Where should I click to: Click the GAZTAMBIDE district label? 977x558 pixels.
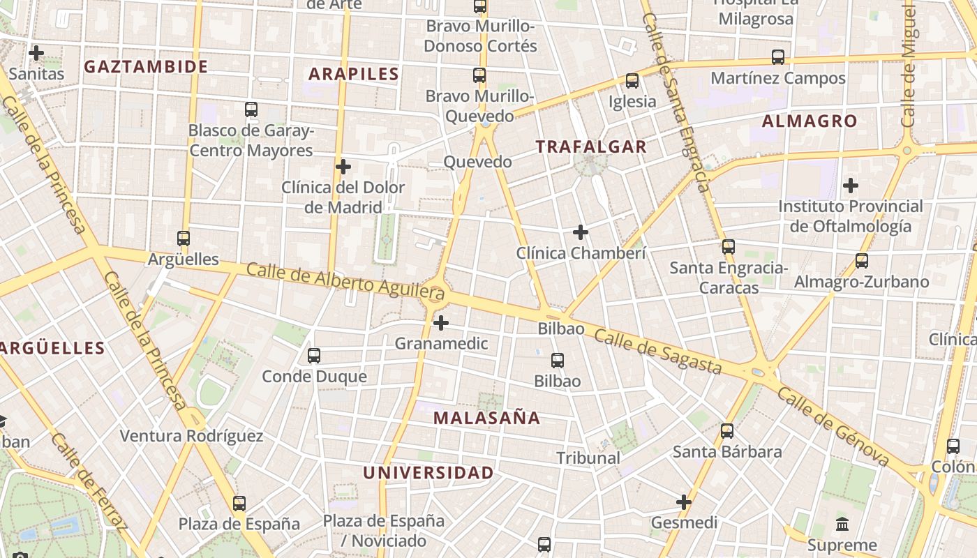[x=146, y=67]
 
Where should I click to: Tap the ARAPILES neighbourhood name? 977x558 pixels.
[x=354, y=74]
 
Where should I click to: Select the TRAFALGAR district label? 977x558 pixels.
[x=591, y=146]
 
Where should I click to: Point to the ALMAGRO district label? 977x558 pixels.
[x=810, y=121]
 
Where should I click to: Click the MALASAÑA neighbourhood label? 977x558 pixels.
[x=486, y=418]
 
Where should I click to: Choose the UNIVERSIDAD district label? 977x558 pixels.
[x=428, y=472]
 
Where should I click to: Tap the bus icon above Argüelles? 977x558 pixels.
[x=184, y=239]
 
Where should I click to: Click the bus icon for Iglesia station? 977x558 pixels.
[x=632, y=81]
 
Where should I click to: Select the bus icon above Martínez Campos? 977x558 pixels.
[x=778, y=57]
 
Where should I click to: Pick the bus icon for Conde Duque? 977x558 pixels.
[x=314, y=356]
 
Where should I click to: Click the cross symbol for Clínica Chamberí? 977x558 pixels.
[x=581, y=232]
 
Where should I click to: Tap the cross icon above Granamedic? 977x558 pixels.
[x=441, y=323]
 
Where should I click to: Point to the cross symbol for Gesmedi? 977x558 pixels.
[x=684, y=502]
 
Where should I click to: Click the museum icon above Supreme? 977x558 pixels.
[x=842, y=524]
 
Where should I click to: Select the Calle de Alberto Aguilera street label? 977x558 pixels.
[x=345, y=281]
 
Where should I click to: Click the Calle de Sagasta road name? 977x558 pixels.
[x=657, y=352]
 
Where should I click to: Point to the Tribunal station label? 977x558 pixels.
[x=588, y=458]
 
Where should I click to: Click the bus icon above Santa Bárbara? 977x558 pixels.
[x=727, y=431]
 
